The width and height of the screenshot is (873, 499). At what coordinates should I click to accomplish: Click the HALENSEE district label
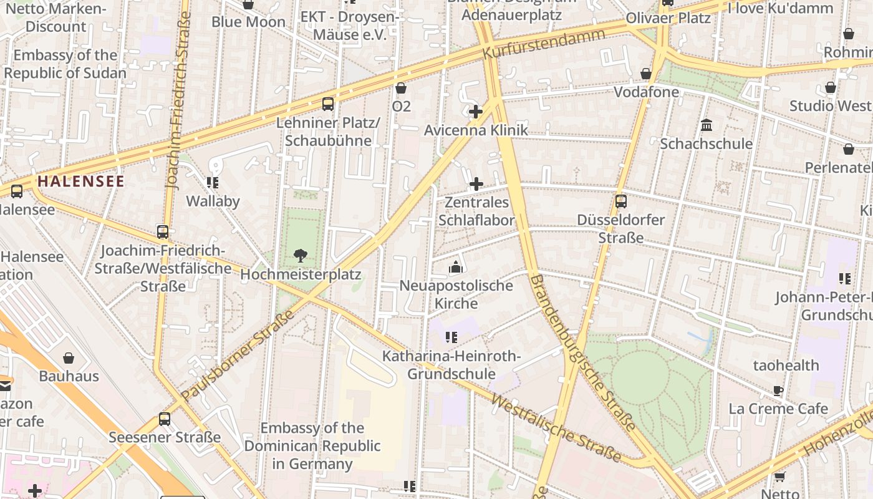pyautogui.click(x=81, y=182)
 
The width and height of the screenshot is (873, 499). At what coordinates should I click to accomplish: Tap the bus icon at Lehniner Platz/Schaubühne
pyautogui.click(x=328, y=104)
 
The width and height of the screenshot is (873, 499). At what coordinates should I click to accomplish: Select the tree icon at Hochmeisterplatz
pyautogui.click(x=300, y=255)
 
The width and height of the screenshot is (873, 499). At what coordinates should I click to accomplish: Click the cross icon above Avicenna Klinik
pyautogui.click(x=476, y=112)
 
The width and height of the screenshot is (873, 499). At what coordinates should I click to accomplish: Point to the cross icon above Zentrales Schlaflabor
pyautogui.click(x=476, y=184)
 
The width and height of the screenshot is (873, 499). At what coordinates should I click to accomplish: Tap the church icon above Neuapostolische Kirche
pyautogui.click(x=456, y=267)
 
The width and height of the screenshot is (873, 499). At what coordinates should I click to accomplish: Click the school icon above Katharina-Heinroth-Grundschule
pyautogui.click(x=451, y=337)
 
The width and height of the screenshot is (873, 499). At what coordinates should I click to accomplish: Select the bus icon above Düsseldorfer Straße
pyautogui.click(x=620, y=201)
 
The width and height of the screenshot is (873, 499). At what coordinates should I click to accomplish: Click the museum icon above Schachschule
pyautogui.click(x=707, y=125)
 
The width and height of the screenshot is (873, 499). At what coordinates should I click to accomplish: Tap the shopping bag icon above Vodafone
pyautogui.click(x=646, y=74)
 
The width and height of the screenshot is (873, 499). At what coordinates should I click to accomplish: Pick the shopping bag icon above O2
pyautogui.click(x=401, y=88)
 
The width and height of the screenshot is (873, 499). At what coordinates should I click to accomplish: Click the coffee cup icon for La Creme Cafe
pyautogui.click(x=778, y=390)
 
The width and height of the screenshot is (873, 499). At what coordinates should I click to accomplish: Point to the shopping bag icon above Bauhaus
pyautogui.click(x=69, y=358)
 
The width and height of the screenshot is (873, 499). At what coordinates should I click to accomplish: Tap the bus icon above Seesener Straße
pyautogui.click(x=165, y=419)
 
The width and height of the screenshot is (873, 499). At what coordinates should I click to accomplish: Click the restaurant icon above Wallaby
pyautogui.click(x=213, y=182)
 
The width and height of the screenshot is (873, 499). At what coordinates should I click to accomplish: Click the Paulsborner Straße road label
pyautogui.click(x=238, y=356)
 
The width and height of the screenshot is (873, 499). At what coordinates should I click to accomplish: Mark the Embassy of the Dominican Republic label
pyautogui.click(x=312, y=446)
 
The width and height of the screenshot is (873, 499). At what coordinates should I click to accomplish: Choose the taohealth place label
pyautogui.click(x=786, y=365)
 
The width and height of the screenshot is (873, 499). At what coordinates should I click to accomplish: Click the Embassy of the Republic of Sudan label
pyautogui.click(x=65, y=64)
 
